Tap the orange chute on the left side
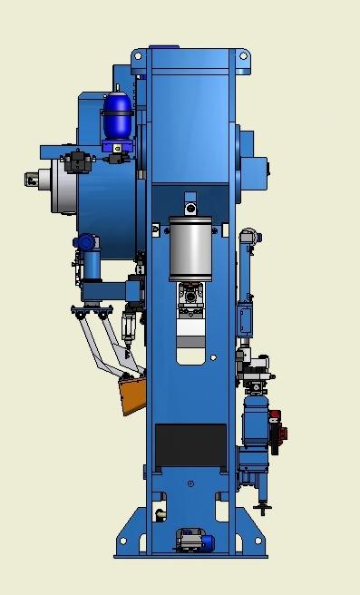click(131, 393)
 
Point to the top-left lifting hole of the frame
click(138, 56)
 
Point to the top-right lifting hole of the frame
click(243, 56)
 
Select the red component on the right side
click(277, 429)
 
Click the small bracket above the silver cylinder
click(190, 200)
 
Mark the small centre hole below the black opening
click(190, 483)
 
